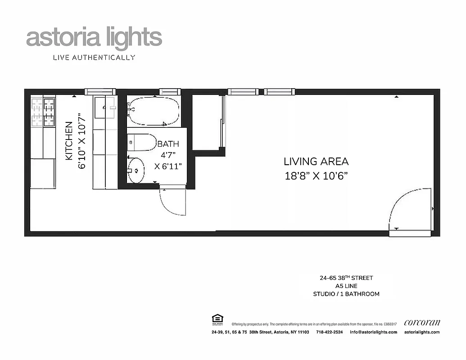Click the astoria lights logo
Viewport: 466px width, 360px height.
94,38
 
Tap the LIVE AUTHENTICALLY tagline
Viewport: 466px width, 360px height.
94,57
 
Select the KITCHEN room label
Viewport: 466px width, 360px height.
69,141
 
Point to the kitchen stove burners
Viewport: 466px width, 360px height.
43,112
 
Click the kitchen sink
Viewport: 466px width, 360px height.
105,108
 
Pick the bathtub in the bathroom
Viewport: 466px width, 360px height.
153,111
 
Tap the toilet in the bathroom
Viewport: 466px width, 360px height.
141,143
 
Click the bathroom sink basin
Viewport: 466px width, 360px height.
136,170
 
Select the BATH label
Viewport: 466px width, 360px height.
168,144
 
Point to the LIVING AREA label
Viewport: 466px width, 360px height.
316,161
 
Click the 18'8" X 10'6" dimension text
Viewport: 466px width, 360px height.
316,176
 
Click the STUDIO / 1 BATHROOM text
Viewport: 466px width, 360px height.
346,294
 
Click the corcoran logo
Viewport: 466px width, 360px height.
422,322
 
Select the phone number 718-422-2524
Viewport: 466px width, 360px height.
329,332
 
